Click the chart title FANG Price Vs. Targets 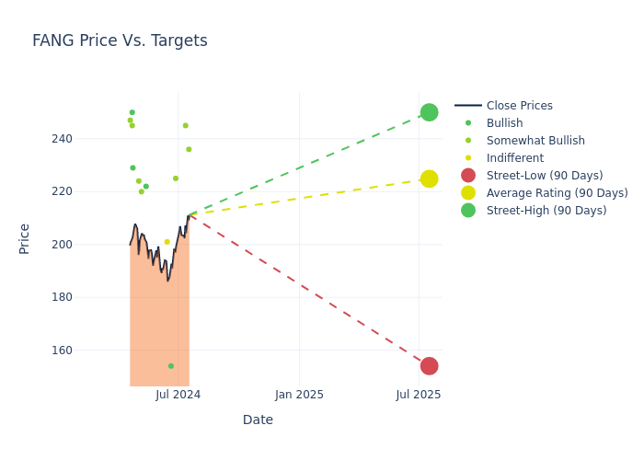(120, 40)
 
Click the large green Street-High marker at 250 (429, 112)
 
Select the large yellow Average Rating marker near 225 (429, 178)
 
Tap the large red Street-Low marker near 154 (429, 366)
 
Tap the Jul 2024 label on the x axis (178, 395)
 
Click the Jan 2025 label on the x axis (299, 395)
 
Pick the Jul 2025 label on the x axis (419, 395)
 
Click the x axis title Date (258, 420)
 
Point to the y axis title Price (25, 238)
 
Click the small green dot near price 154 (171, 366)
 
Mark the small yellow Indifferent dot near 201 (167, 242)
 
